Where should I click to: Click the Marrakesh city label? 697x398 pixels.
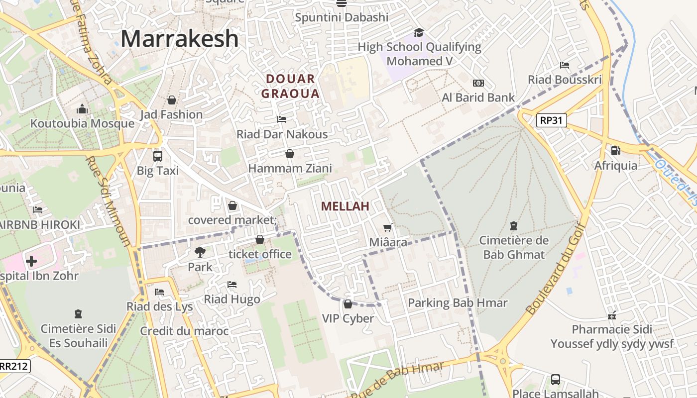point(179,39)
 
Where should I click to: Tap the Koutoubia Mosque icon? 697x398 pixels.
point(82,109)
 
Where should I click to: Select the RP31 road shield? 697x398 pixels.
point(552,120)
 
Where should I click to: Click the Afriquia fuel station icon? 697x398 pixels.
point(615,150)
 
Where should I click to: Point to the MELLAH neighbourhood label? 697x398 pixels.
point(345,206)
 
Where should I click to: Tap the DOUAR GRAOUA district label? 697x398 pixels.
point(290,86)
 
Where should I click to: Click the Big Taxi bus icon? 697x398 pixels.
point(158,156)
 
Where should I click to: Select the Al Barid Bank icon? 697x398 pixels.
point(478,83)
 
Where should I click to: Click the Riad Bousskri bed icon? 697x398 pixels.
point(565,65)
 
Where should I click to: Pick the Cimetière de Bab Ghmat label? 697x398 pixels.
point(514,247)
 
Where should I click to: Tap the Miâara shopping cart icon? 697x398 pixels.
point(388,228)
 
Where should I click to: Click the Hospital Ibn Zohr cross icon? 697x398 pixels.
point(31,261)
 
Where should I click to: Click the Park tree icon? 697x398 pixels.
point(200,252)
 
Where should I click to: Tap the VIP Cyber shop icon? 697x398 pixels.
point(348,303)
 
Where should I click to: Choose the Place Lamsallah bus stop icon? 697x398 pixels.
point(555,380)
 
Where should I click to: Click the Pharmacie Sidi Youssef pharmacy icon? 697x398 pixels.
point(612,315)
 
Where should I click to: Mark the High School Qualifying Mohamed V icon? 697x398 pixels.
point(419,32)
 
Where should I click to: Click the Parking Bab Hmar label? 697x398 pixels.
point(458,302)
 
